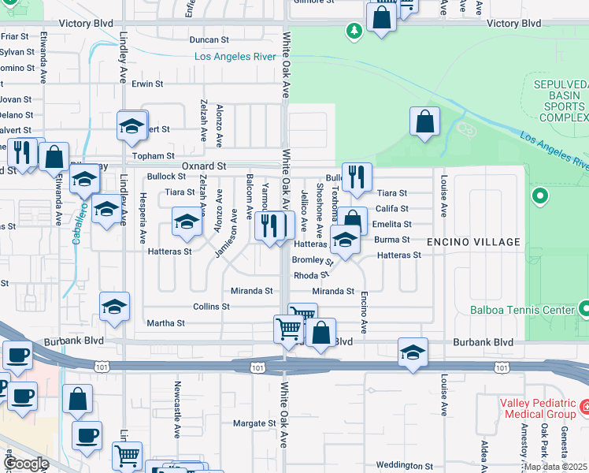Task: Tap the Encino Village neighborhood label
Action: point(473,242)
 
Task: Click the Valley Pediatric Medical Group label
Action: point(538,408)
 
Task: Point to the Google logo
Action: point(25,463)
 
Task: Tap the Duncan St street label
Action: point(209,39)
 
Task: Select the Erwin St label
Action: point(147,83)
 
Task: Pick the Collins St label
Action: point(211,306)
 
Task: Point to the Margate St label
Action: point(254,423)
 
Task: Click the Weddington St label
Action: point(406,465)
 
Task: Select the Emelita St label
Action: point(392,224)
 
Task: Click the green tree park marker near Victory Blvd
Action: point(354,31)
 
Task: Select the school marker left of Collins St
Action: point(114,307)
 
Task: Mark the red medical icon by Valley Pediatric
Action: point(584,408)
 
